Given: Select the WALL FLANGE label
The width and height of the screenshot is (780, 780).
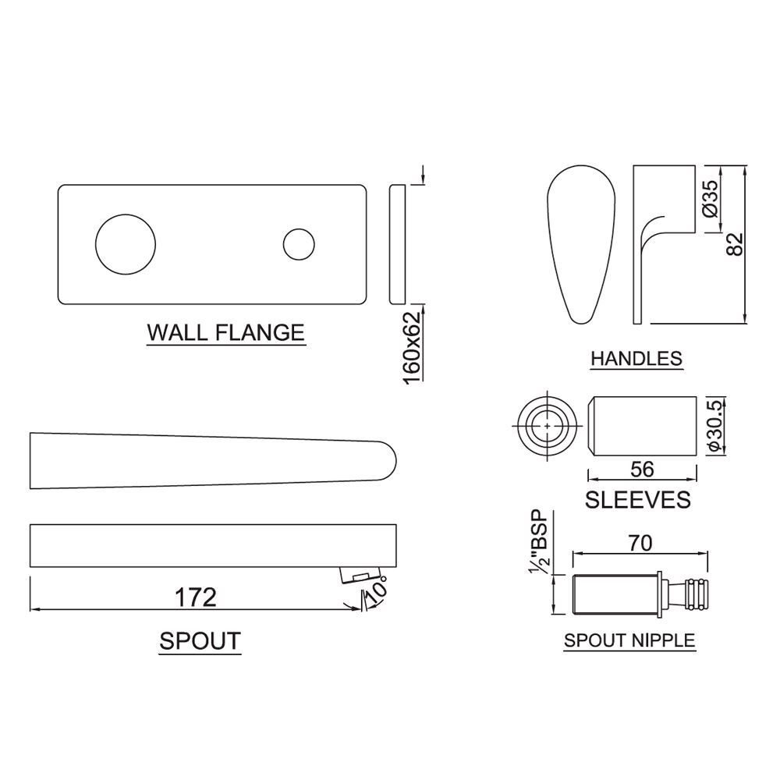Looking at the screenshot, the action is click(x=226, y=332).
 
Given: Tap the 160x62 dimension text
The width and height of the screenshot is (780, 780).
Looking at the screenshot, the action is click(x=412, y=347).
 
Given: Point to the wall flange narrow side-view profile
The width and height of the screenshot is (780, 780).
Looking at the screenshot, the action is click(x=397, y=243).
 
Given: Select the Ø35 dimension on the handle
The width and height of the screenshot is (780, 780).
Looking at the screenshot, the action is click(x=711, y=198).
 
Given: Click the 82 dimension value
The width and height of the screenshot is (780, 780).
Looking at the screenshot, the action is click(x=735, y=244).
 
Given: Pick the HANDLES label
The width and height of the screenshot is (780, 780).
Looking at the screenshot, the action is click(x=636, y=358).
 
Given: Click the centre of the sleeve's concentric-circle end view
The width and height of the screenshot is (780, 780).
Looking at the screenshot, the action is click(x=548, y=427).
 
